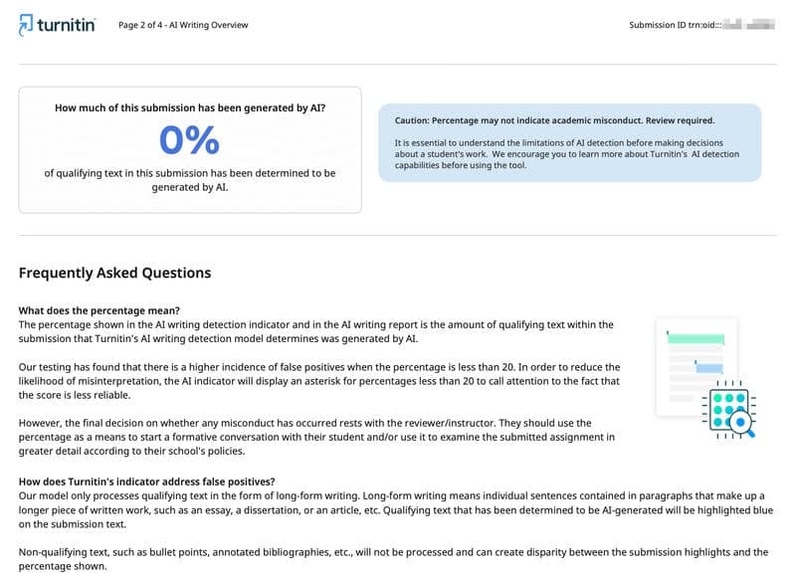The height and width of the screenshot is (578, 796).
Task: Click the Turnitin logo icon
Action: [28, 26]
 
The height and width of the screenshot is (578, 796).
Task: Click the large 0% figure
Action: [189, 141]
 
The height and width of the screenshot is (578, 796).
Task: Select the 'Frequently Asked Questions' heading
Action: [114, 273]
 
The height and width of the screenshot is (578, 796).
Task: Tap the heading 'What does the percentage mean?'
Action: [99, 310]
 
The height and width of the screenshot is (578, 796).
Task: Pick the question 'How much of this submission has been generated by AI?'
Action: [189, 107]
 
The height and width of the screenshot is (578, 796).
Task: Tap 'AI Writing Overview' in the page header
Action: [208, 25]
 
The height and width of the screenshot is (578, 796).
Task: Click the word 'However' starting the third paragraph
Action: [41, 424]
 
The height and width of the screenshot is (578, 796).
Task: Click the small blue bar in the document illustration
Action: [708, 368]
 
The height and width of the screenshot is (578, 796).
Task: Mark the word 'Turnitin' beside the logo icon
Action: [67, 26]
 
